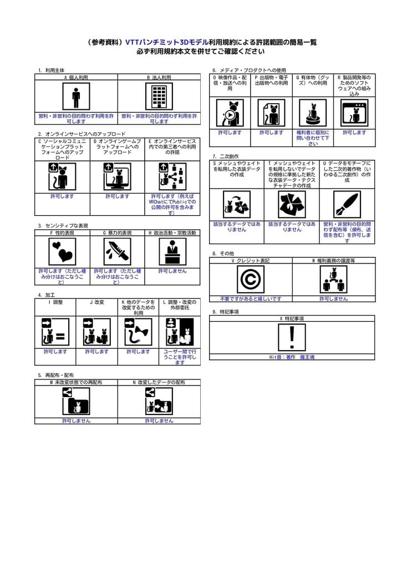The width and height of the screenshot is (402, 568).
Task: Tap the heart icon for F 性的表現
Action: pos(62,252)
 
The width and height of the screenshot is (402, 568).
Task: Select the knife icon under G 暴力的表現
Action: pos(117,252)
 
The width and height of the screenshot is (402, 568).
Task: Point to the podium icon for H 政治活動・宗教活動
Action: pos(172,252)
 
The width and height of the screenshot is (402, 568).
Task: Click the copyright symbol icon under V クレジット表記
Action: pos(250,279)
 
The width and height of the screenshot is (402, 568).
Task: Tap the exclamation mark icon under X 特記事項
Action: pos(292,337)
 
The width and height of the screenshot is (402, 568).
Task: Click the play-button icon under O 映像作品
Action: pos(230,113)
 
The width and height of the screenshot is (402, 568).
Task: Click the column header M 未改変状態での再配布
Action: pos(76,382)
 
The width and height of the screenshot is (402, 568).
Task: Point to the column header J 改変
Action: pos(96,302)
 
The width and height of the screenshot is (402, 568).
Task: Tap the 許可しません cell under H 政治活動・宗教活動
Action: pos(172,271)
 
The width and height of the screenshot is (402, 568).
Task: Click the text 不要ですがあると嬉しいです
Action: pos(250,298)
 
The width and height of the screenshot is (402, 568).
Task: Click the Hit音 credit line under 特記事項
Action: pos(292,357)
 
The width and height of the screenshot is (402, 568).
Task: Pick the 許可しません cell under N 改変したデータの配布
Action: pos(159,421)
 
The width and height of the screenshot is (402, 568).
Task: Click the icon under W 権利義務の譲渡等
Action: pos(333,279)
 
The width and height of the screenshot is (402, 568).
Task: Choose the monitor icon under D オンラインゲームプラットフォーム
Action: pos(117,177)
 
